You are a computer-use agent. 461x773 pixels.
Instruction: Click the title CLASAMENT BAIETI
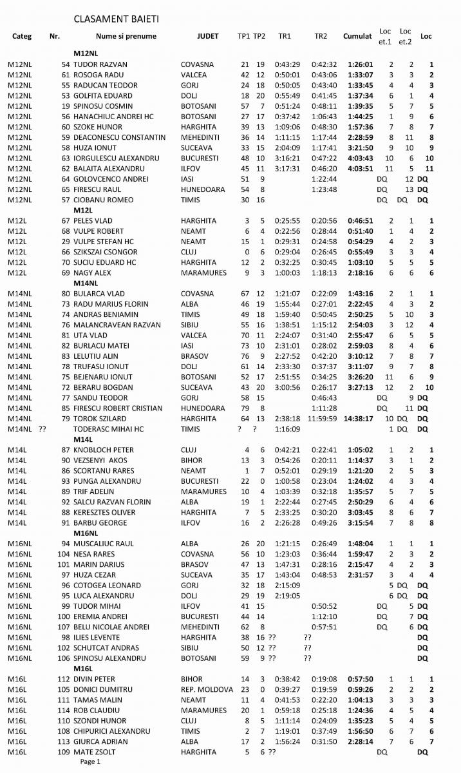116,20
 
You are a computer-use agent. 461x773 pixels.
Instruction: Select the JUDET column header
207,37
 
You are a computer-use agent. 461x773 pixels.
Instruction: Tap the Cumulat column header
357,37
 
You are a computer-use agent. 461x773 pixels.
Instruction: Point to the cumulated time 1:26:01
357,64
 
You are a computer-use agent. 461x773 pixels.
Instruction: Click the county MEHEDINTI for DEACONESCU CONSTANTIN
202,137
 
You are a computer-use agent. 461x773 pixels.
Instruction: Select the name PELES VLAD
95,220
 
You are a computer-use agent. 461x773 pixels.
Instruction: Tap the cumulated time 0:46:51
357,220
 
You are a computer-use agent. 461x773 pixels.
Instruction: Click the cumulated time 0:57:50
357,679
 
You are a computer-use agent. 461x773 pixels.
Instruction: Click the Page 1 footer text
90,761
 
